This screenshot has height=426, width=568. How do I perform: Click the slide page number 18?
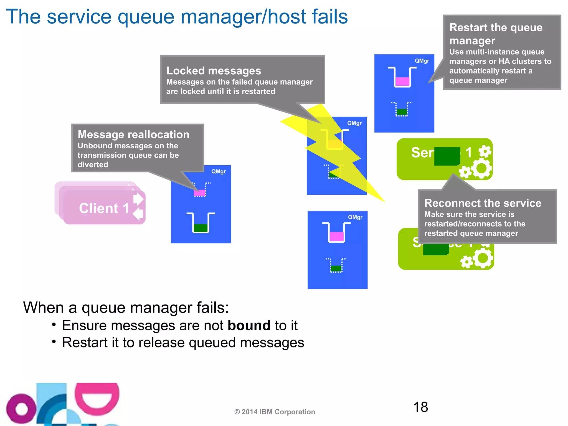pyautogui.click(x=420, y=407)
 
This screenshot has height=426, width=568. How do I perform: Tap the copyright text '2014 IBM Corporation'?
pyautogui.click(x=278, y=412)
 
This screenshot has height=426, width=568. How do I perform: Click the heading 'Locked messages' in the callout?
pyautogui.click(x=214, y=71)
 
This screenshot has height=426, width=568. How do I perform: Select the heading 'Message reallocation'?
pyautogui.click(x=133, y=135)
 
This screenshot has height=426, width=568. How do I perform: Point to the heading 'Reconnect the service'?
pyautogui.click(x=483, y=203)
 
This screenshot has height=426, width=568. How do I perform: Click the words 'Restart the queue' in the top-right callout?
pyautogui.click(x=496, y=27)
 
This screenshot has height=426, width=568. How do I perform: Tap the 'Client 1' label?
pyautogui.click(x=104, y=208)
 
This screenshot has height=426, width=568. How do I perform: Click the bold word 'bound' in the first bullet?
pyautogui.click(x=249, y=325)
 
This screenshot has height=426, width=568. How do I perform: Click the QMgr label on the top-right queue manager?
pyautogui.click(x=422, y=61)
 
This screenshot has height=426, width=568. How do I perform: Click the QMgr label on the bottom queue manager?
pyautogui.click(x=355, y=217)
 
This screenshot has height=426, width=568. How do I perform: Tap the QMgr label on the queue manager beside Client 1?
pyautogui.click(x=218, y=171)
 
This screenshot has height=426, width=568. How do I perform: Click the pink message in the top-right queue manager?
pyautogui.click(x=402, y=81)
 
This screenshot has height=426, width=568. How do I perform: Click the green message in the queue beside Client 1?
pyautogui.click(x=201, y=228)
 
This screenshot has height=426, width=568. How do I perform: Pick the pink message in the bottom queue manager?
pyautogui.click(x=337, y=237)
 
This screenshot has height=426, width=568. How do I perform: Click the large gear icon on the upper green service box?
pyautogui.click(x=481, y=168)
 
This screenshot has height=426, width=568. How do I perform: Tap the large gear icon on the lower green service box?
pyautogui.click(x=483, y=258)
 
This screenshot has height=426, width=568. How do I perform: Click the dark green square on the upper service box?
pyautogui.click(x=447, y=156)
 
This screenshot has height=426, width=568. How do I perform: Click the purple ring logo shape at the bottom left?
pyautogui.click(x=21, y=409)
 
